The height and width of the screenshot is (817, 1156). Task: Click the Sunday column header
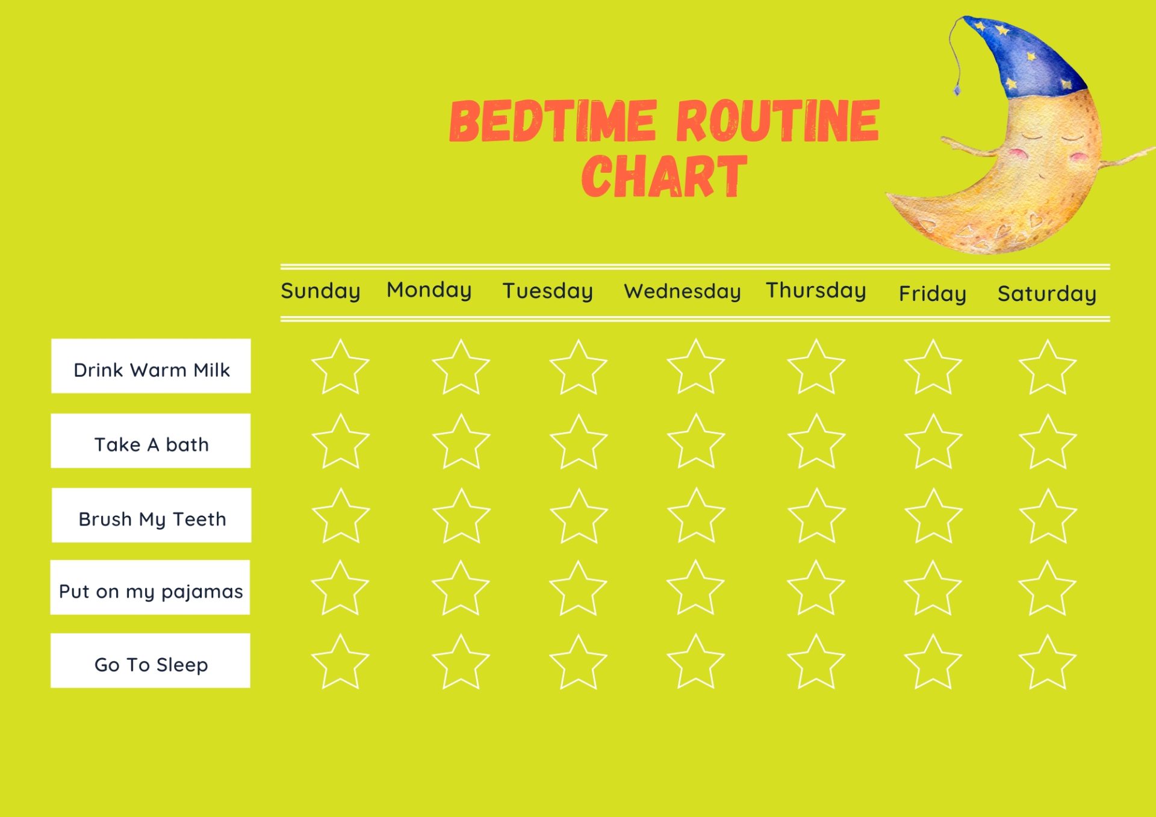tap(320, 291)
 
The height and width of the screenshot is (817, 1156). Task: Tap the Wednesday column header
tap(682, 292)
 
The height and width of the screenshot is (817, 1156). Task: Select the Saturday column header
tap(1046, 294)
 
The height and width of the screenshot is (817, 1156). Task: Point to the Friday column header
tap(932, 294)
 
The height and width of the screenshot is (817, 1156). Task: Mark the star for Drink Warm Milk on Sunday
tap(340, 368)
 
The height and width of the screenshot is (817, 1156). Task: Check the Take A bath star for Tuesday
tap(579, 443)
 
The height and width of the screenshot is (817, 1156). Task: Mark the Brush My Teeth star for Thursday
tap(816, 517)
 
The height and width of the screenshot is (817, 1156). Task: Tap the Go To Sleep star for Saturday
tap(1048, 663)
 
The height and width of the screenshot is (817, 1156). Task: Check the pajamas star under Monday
tap(461, 589)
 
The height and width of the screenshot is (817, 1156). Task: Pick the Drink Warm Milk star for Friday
tap(933, 368)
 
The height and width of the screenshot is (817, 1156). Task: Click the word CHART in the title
tap(664, 176)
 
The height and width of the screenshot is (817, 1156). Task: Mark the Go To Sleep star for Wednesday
tap(696, 663)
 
